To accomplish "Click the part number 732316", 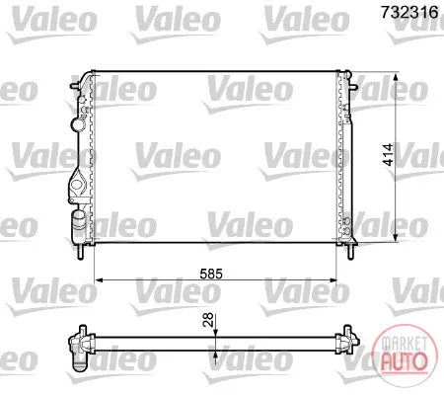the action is pos(409,12).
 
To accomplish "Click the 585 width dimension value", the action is pos(211,274).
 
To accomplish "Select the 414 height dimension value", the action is pos(388,154).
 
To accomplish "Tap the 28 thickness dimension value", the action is pos(208,320).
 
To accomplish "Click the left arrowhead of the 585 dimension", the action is pos(99,280).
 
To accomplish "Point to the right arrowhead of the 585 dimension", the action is pos(333,280).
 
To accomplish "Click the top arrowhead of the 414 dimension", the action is pos(396,78).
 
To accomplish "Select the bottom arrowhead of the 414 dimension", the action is pos(396,237).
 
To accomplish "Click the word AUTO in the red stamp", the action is pos(404,361).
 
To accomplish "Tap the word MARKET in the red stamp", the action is pos(404,344).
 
